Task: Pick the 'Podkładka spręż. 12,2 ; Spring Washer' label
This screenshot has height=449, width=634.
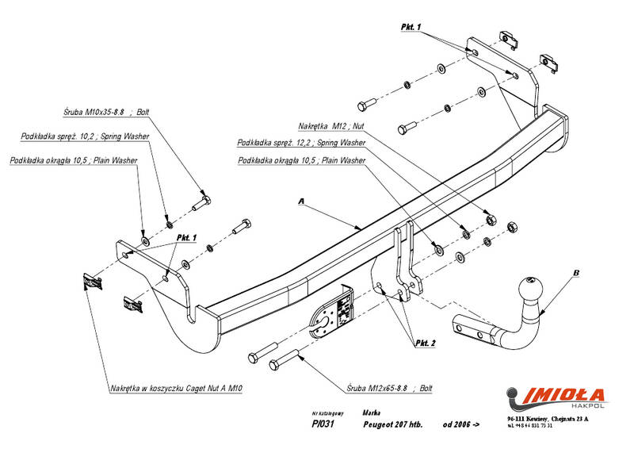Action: (301, 144)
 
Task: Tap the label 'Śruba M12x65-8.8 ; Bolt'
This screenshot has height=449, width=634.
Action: (388, 390)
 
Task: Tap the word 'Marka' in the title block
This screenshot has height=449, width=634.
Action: (370, 413)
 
